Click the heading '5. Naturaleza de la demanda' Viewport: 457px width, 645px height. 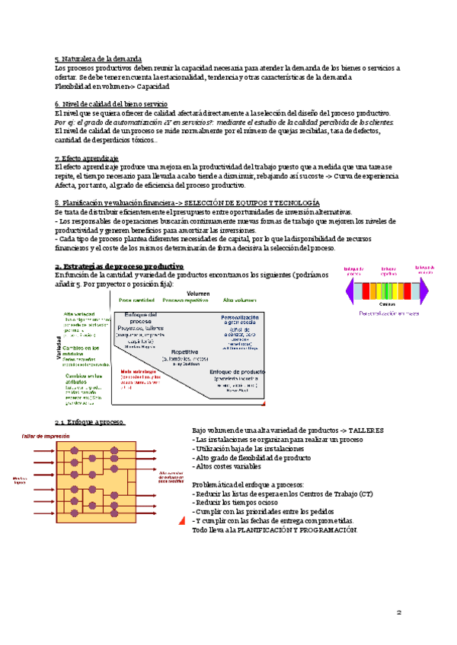(x=98, y=59)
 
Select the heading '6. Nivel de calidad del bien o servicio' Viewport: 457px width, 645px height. (x=112, y=103)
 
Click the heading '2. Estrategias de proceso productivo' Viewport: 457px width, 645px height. (x=120, y=266)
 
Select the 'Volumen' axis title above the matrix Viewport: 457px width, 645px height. (x=199, y=293)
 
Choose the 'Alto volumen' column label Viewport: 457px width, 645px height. (x=240, y=301)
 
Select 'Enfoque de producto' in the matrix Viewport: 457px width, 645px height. (x=236, y=371)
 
